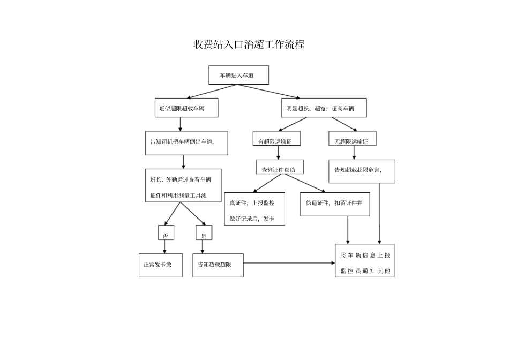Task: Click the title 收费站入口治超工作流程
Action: [x=249, y=44]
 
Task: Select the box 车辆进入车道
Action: [x=238, y=76]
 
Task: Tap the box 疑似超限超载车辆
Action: [x=186, y=108]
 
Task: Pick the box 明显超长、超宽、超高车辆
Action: [x=324, y=108]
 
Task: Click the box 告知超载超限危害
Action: [x=362, y=171]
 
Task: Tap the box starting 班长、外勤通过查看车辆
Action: [x=183, y=186]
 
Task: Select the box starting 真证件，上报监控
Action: [x=254, y=208]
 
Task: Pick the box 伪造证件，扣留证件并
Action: [x=334, y=204]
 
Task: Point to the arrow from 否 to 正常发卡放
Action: [x=164, y=246]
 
